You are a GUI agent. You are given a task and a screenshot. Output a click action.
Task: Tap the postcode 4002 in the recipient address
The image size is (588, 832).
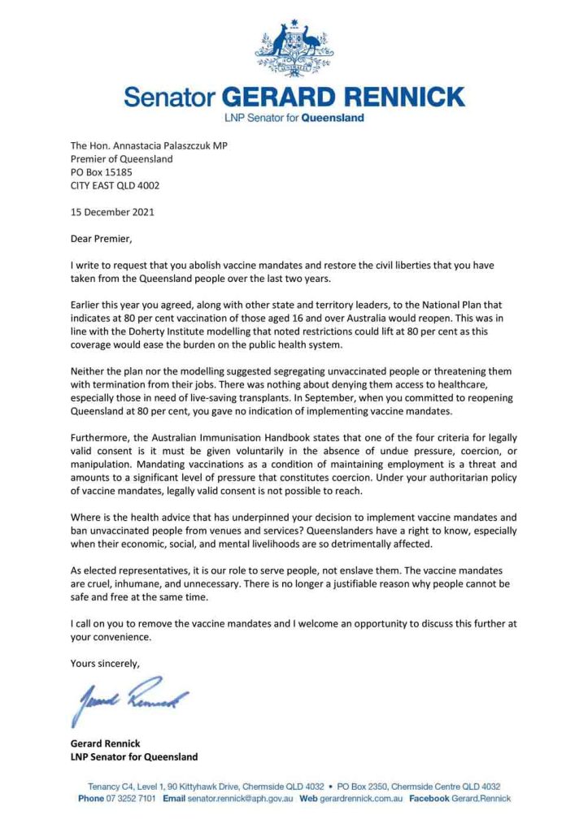(x=147, y=185)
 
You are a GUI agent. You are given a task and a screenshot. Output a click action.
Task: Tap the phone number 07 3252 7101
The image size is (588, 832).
(x=134, y=799)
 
